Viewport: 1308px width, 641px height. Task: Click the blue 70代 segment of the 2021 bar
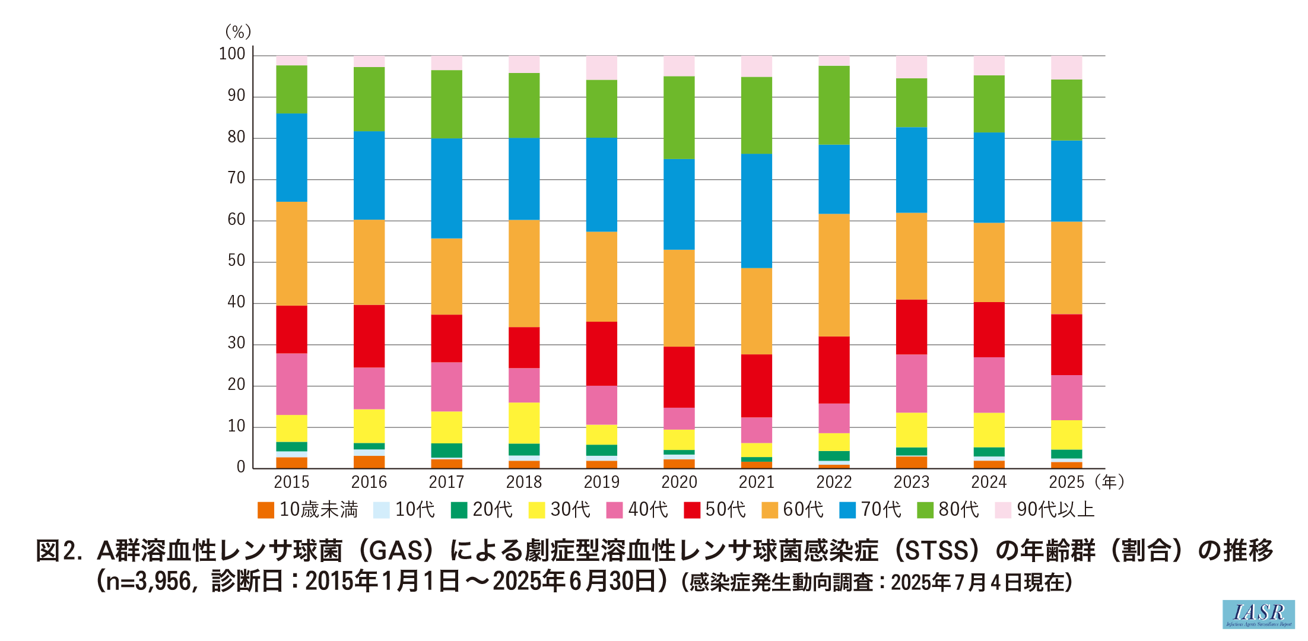click(x=757, y=211)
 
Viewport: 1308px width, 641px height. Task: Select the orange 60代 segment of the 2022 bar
click(x=834, y=275)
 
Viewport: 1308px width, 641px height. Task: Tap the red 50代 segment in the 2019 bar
click(x=602, y=354)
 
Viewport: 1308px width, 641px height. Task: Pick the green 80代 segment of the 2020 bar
click(x=679, y=118)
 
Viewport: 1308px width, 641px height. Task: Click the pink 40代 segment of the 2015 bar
click(x=291, y=384)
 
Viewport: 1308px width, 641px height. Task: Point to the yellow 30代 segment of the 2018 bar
click(x=524, y=423)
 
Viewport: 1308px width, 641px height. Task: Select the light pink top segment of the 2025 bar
click(x=1066, y=68)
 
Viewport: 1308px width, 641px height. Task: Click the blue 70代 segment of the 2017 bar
click(x=446, y=188)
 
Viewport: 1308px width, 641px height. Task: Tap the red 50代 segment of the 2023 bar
click(x=912, y=327)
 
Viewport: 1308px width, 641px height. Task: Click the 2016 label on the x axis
click(x=369, y=482)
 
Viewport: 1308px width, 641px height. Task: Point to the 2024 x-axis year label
click(x=989, y=482)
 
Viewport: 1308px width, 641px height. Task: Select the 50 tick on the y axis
click(x=236, y=261)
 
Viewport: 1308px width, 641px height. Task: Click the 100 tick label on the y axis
click(x=232, y=55)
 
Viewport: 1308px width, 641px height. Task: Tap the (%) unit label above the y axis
click(x=238, y=31)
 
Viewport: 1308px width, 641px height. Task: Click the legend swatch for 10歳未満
click(x=266, y=510)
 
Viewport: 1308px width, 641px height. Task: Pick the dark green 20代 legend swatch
click(x=459, y=510)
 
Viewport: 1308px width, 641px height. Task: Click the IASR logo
click(x=1258, y=614)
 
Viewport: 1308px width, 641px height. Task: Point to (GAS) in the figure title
click(x=400, y=551)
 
